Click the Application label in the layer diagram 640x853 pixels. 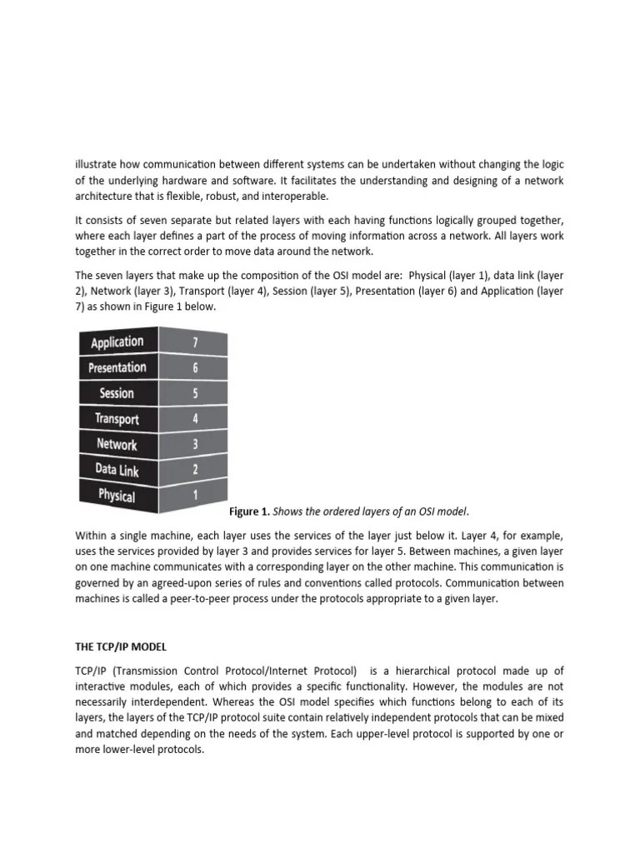[117, 342]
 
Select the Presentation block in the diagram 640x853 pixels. [117, 368]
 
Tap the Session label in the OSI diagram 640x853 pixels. [117, 393]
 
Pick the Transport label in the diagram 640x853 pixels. [117, 419]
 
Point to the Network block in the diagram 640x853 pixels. [117, 445]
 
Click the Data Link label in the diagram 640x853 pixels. [117, 471]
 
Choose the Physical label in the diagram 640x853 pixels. [117, 496]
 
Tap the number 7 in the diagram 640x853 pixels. [195, 342]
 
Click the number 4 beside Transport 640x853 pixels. [195, 418]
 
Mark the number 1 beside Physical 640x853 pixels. [195, 495]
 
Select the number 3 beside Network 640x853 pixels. [195, 444]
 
